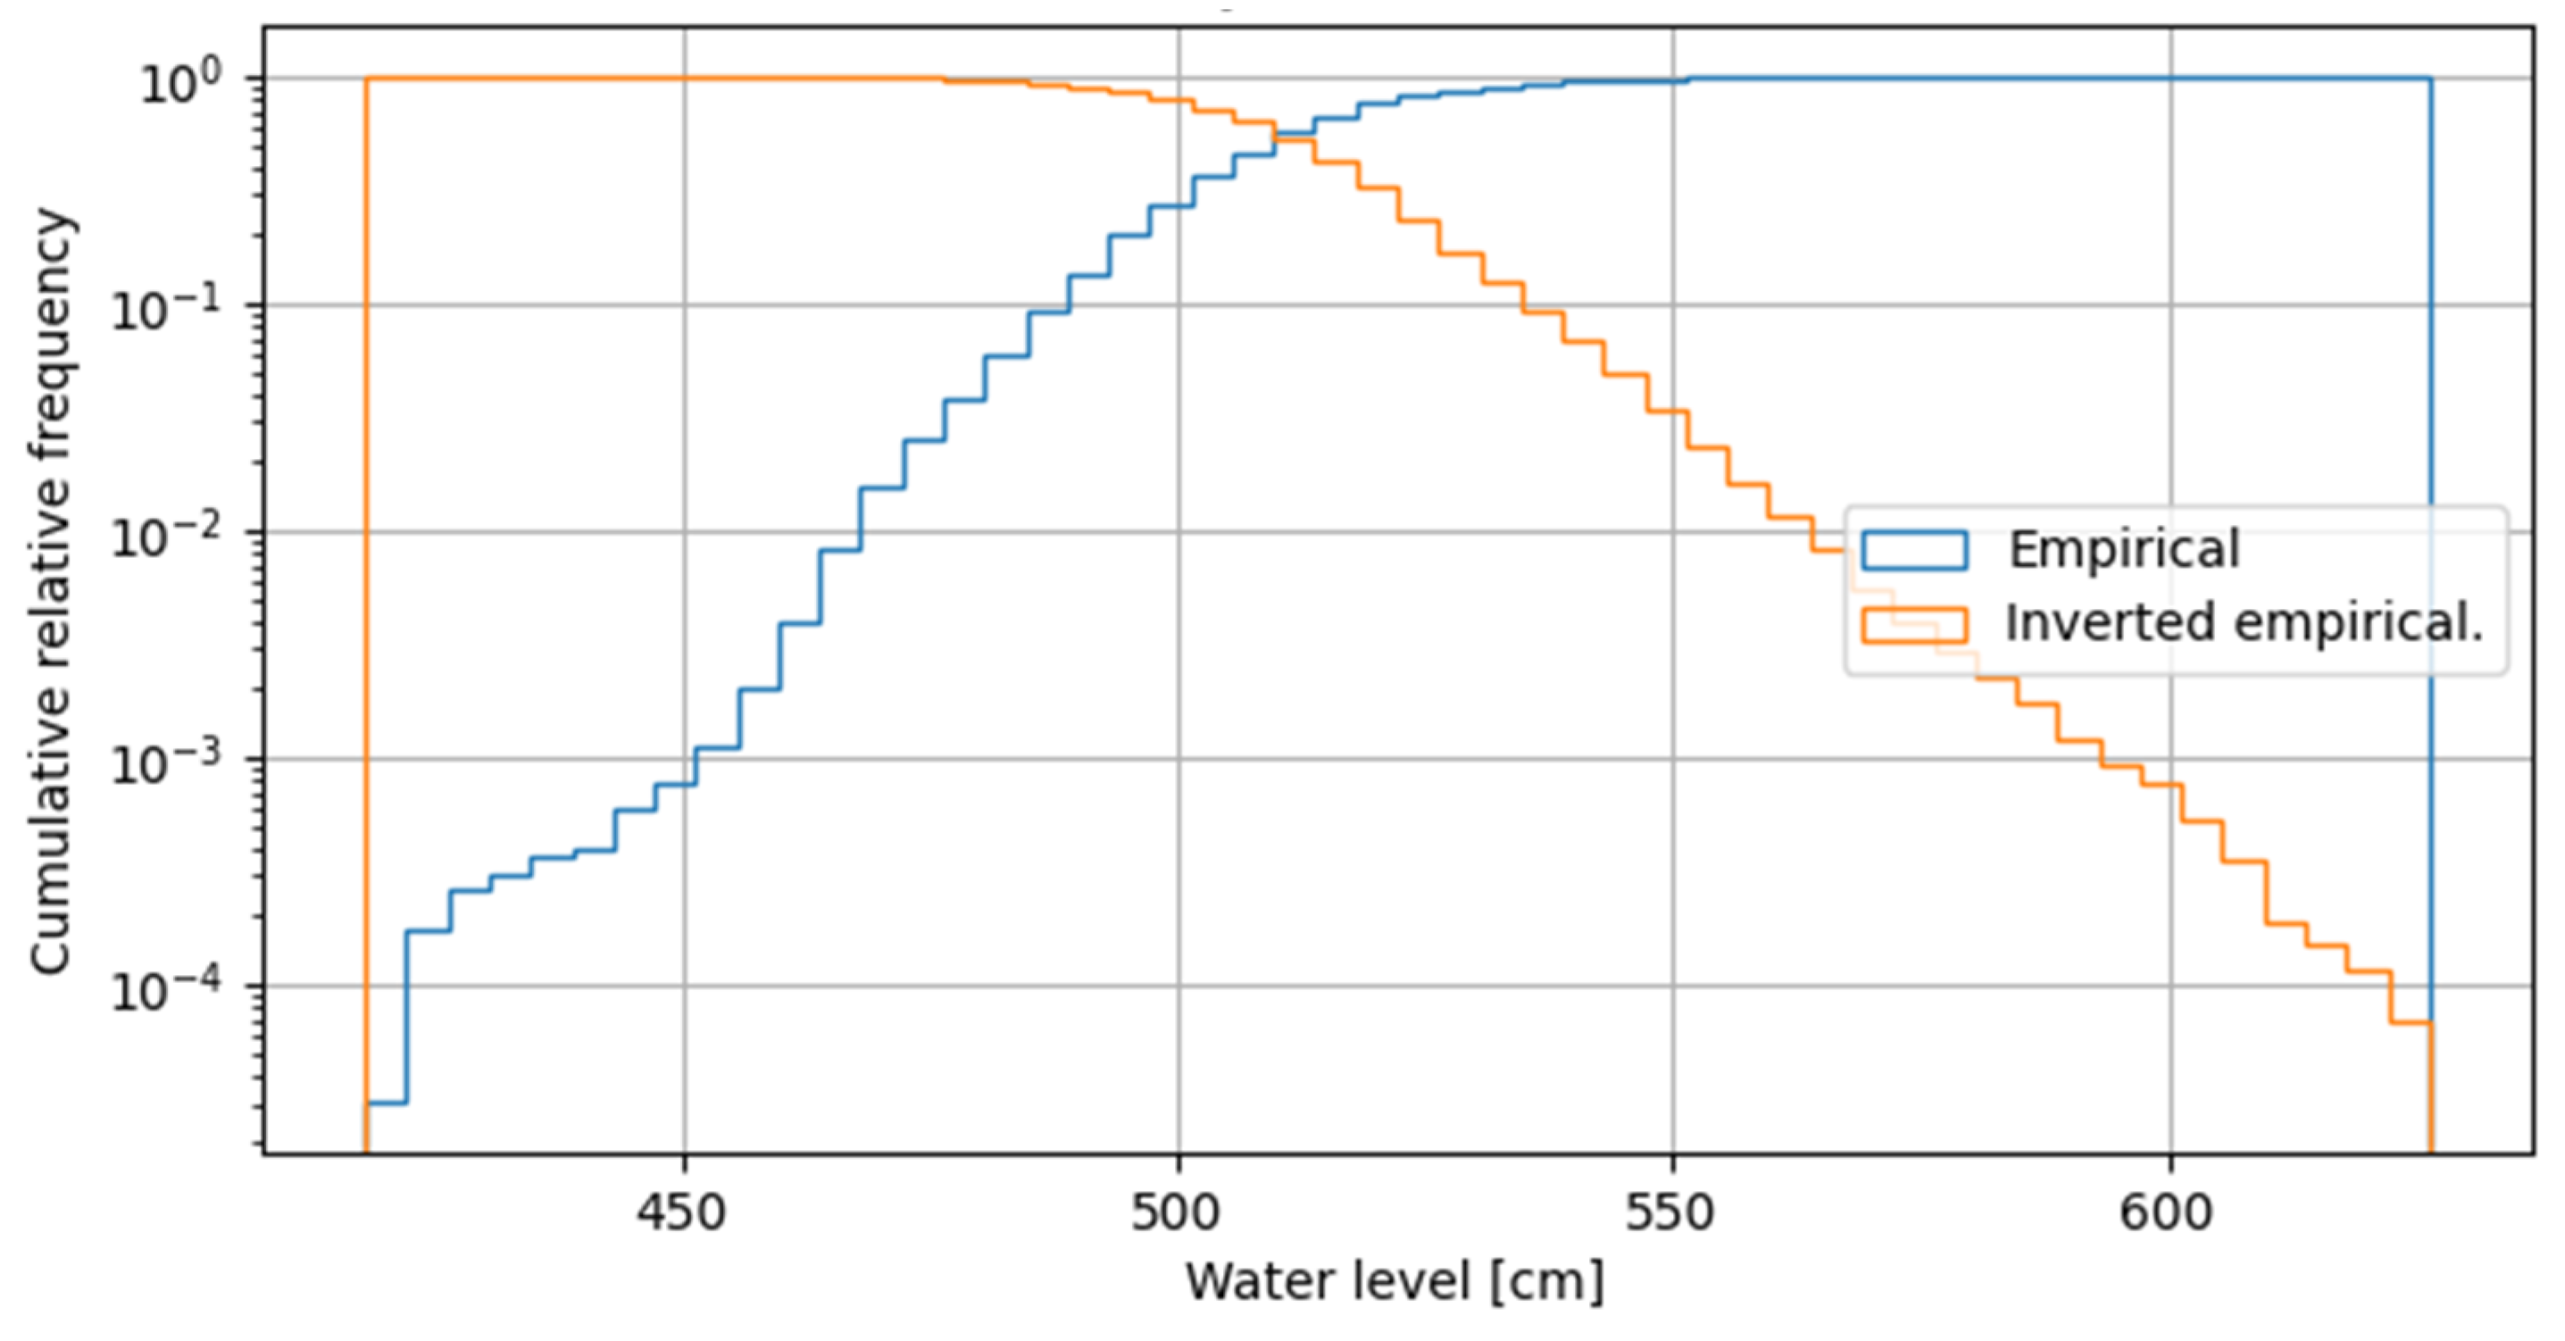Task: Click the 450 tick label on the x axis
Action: (x=683, y=1213)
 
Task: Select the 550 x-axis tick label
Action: (x=1672, y=1213)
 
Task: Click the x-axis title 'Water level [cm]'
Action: (x=1394, y=1281)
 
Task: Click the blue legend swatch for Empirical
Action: (x=1914, y=550)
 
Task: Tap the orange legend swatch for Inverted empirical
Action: (x=1914, y=625)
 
